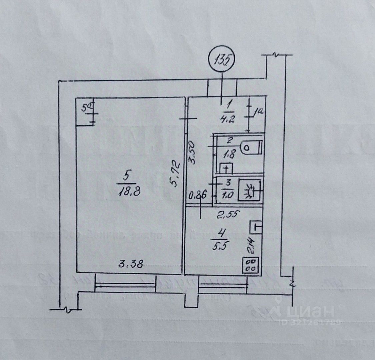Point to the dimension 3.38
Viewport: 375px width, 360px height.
click(131, 265)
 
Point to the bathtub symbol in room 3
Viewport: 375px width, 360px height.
click(250, 191)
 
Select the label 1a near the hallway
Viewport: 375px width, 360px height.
click(259, 112)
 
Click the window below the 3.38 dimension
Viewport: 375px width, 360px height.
click(125, 285)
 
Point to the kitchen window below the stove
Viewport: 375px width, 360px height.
click(223, 285)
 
